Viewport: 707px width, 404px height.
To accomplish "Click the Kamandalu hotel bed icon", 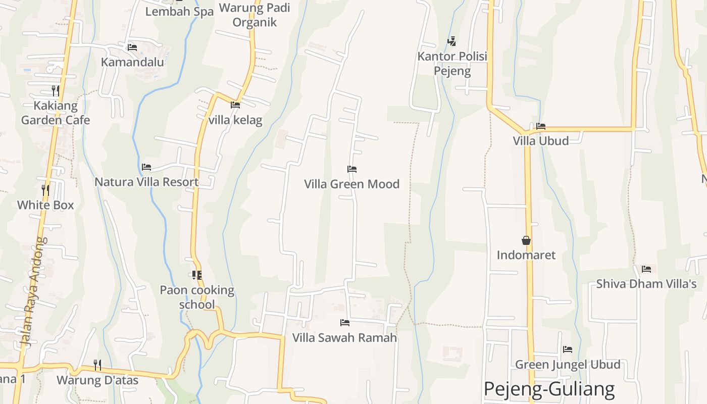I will [x=132, y=47].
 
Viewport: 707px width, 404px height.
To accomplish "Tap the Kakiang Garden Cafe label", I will [x=56, y=113].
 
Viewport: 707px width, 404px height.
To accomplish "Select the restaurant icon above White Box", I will [x=45, y=190].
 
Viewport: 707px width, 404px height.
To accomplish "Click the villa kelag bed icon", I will [x=235, y=106].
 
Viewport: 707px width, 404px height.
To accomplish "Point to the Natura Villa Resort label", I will [x=146, y=182].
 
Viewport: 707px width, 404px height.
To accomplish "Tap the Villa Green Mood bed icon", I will [x=352, y=169].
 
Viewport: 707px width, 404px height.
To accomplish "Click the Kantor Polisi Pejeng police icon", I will [x=451, y=41].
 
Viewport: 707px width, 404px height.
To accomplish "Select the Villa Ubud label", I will [x=541, y=141].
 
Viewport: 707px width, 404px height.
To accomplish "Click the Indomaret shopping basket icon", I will [x=526, y=240].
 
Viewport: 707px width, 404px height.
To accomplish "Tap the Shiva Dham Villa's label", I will [x=646, y=284].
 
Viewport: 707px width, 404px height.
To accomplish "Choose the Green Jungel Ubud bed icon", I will [x=568, y=349].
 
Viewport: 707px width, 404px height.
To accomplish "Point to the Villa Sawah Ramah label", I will [x=345, y=338].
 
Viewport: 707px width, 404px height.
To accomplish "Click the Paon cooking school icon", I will [x=197, y=275].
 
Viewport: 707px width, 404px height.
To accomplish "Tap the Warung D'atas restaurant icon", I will [x=97, y=365].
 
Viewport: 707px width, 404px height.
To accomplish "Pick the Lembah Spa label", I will [x=179, y=12].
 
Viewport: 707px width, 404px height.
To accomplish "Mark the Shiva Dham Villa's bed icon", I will [x=646, y=269].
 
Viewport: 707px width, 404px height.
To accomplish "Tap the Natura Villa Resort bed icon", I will [x=146, y=167].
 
